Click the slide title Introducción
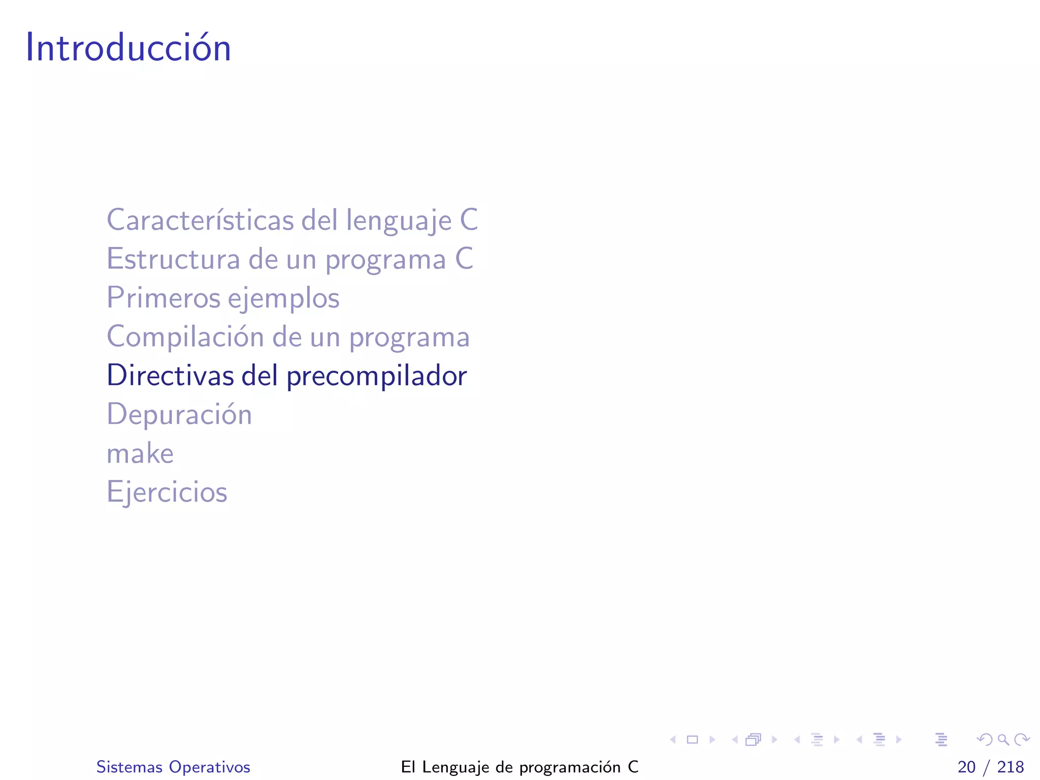click(x=128, y=48)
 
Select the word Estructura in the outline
click(x=173, y=259)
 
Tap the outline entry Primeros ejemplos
click(x=222, y=298)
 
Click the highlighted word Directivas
click(x=170, y=376)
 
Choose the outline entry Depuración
click(x=179, y=414)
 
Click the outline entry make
click(x=140, y=453)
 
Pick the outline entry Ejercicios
click(x=167, y=492)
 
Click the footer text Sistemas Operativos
click(x=173, y=767)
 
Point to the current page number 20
click(x=966, y=767)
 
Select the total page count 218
click(x=1011, y=767)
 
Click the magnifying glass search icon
click(x=1003, y=740)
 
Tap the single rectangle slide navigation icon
click(x=692, y=740)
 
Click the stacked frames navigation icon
click(x=754, y=740)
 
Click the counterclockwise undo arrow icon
click(x=985, y=740)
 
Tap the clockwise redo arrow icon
click(x=1022, y=740)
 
